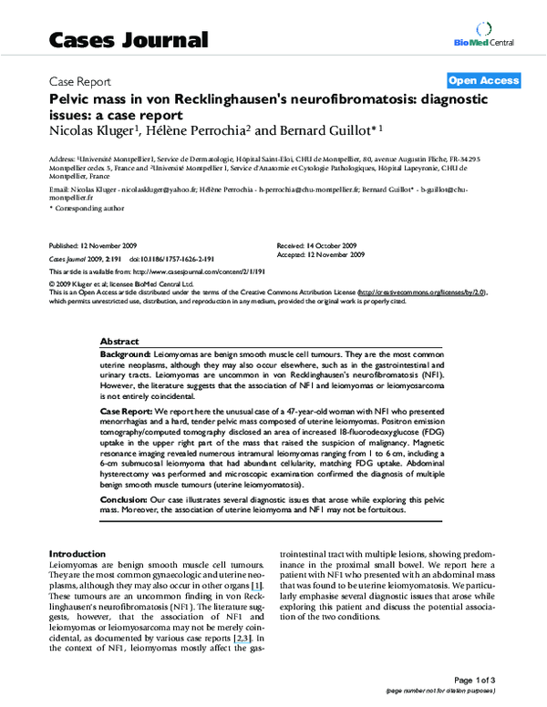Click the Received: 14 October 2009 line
coord(316,247)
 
